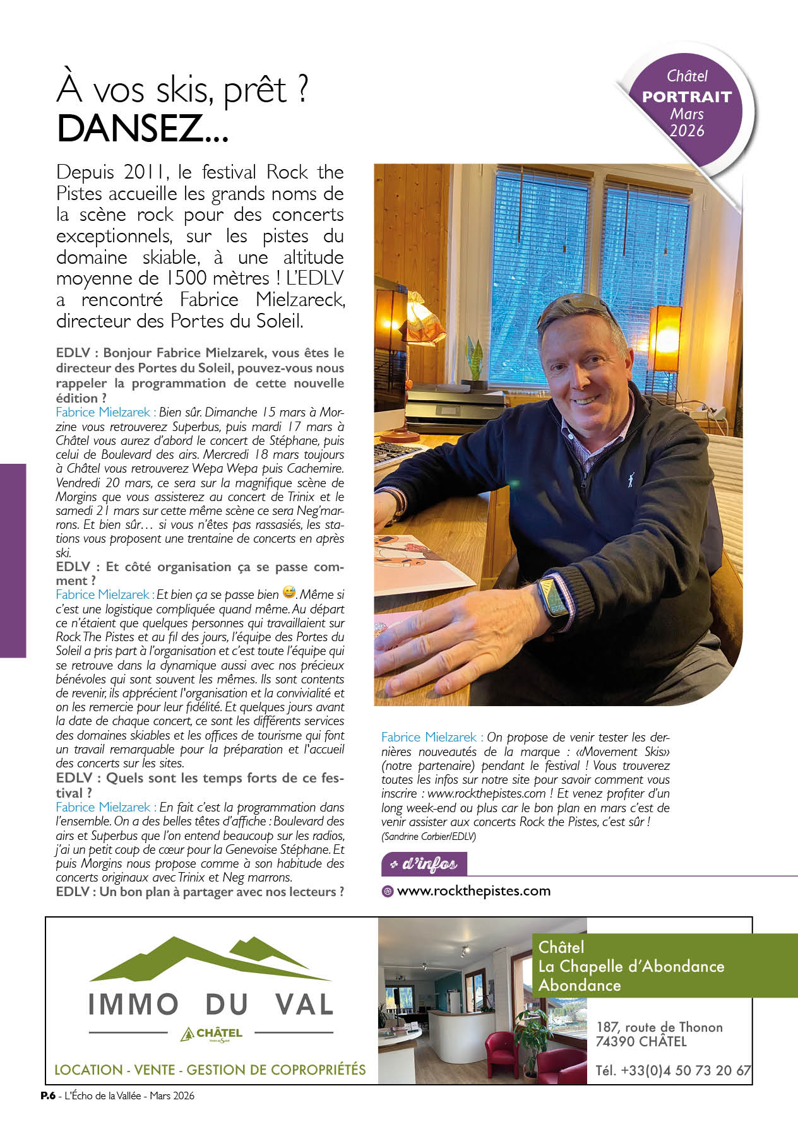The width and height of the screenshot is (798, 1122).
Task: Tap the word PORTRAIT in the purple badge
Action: (x=686, y=97)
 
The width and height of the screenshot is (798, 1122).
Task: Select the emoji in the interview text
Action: (x=289, y=593)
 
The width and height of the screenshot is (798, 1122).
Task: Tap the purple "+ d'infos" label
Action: (x=424, y=864)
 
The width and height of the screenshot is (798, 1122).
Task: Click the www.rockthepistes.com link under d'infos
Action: (x=473, y=891)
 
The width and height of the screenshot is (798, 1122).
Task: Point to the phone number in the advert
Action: (x=673, y=1070)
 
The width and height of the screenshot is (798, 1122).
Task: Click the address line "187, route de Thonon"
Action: (x=659, y=1027)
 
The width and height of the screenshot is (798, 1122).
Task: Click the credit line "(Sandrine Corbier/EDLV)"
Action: (x=429, y=836)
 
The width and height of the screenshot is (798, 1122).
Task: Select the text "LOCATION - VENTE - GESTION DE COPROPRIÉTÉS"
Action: (x=210, y=1070)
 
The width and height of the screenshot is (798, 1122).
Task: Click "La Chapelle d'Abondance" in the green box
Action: (x=631, y=966)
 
